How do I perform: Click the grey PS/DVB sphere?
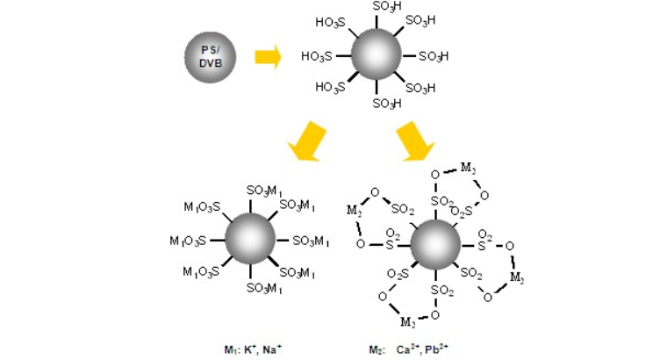pyautogui.click(x=209, y=57)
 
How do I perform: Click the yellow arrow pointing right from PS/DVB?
pyautogui.click(x=267, y=57)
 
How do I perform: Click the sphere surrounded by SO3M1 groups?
pyautogui.click(x=250, y=241)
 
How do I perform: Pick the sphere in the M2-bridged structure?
pyautogui.click(x=436, y=244)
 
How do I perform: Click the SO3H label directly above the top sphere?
pyautogui.click(x=387, y=6)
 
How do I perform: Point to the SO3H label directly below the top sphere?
pyautogui.click(x=387, y=104)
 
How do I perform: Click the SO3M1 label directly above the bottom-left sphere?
pyautogui.click(x=263, y=191)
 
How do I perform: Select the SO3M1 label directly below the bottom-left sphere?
pyautogui.click(x=263, y=288)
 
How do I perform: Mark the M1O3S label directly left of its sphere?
pyautogui.click(x=190, y=241)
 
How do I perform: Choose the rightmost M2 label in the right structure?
pyautogui.click(x=520, y=278)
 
